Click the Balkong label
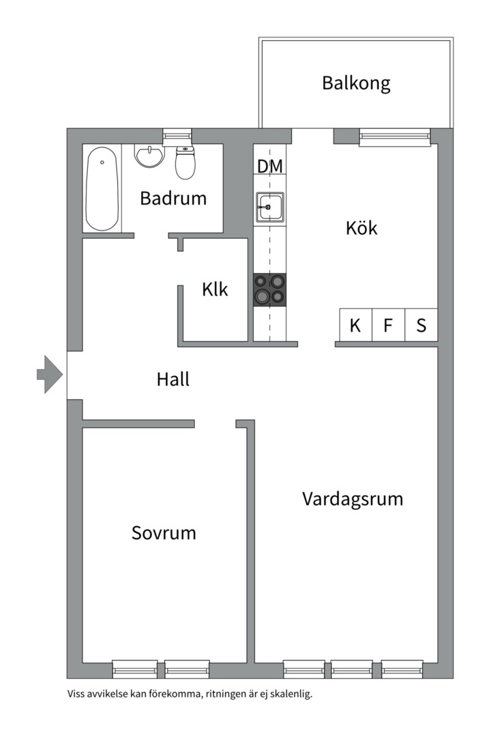click(356, 84)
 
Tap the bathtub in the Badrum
click(102, 189)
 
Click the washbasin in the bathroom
click(150, 157)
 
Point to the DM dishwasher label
click(270, 167)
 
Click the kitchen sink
click(270, 206)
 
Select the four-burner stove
click(270, 289)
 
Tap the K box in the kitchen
click(355, 326)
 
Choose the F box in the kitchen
click(388, 326)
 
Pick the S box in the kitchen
click(421, 326)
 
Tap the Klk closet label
click(215, 289)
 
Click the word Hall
click(173, 379)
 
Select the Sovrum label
click(164, 533)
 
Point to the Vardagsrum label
click(353, 499)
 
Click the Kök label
click(361, 228)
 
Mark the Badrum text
click(173, 199)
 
